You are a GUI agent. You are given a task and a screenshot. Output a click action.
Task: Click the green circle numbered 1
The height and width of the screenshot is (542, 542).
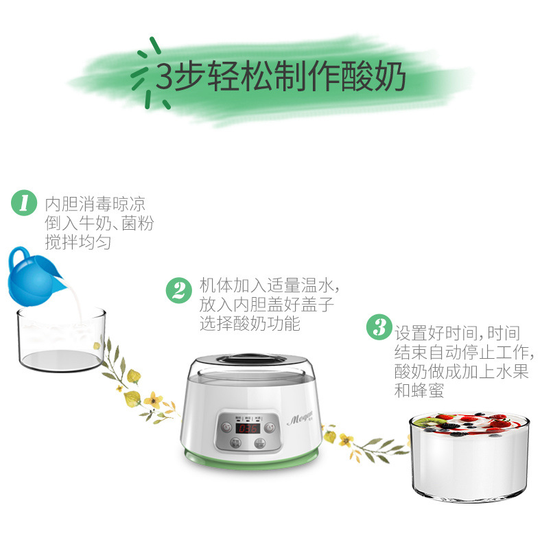click(x=24, y=204)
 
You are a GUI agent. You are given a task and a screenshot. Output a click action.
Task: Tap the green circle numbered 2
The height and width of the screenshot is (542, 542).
click(x=178, y=290)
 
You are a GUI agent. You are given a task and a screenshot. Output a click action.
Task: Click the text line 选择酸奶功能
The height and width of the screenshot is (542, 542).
click(x=250, y=323)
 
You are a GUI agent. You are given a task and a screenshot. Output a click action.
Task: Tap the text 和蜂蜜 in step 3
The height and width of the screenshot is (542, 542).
click(x=419, y=391)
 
